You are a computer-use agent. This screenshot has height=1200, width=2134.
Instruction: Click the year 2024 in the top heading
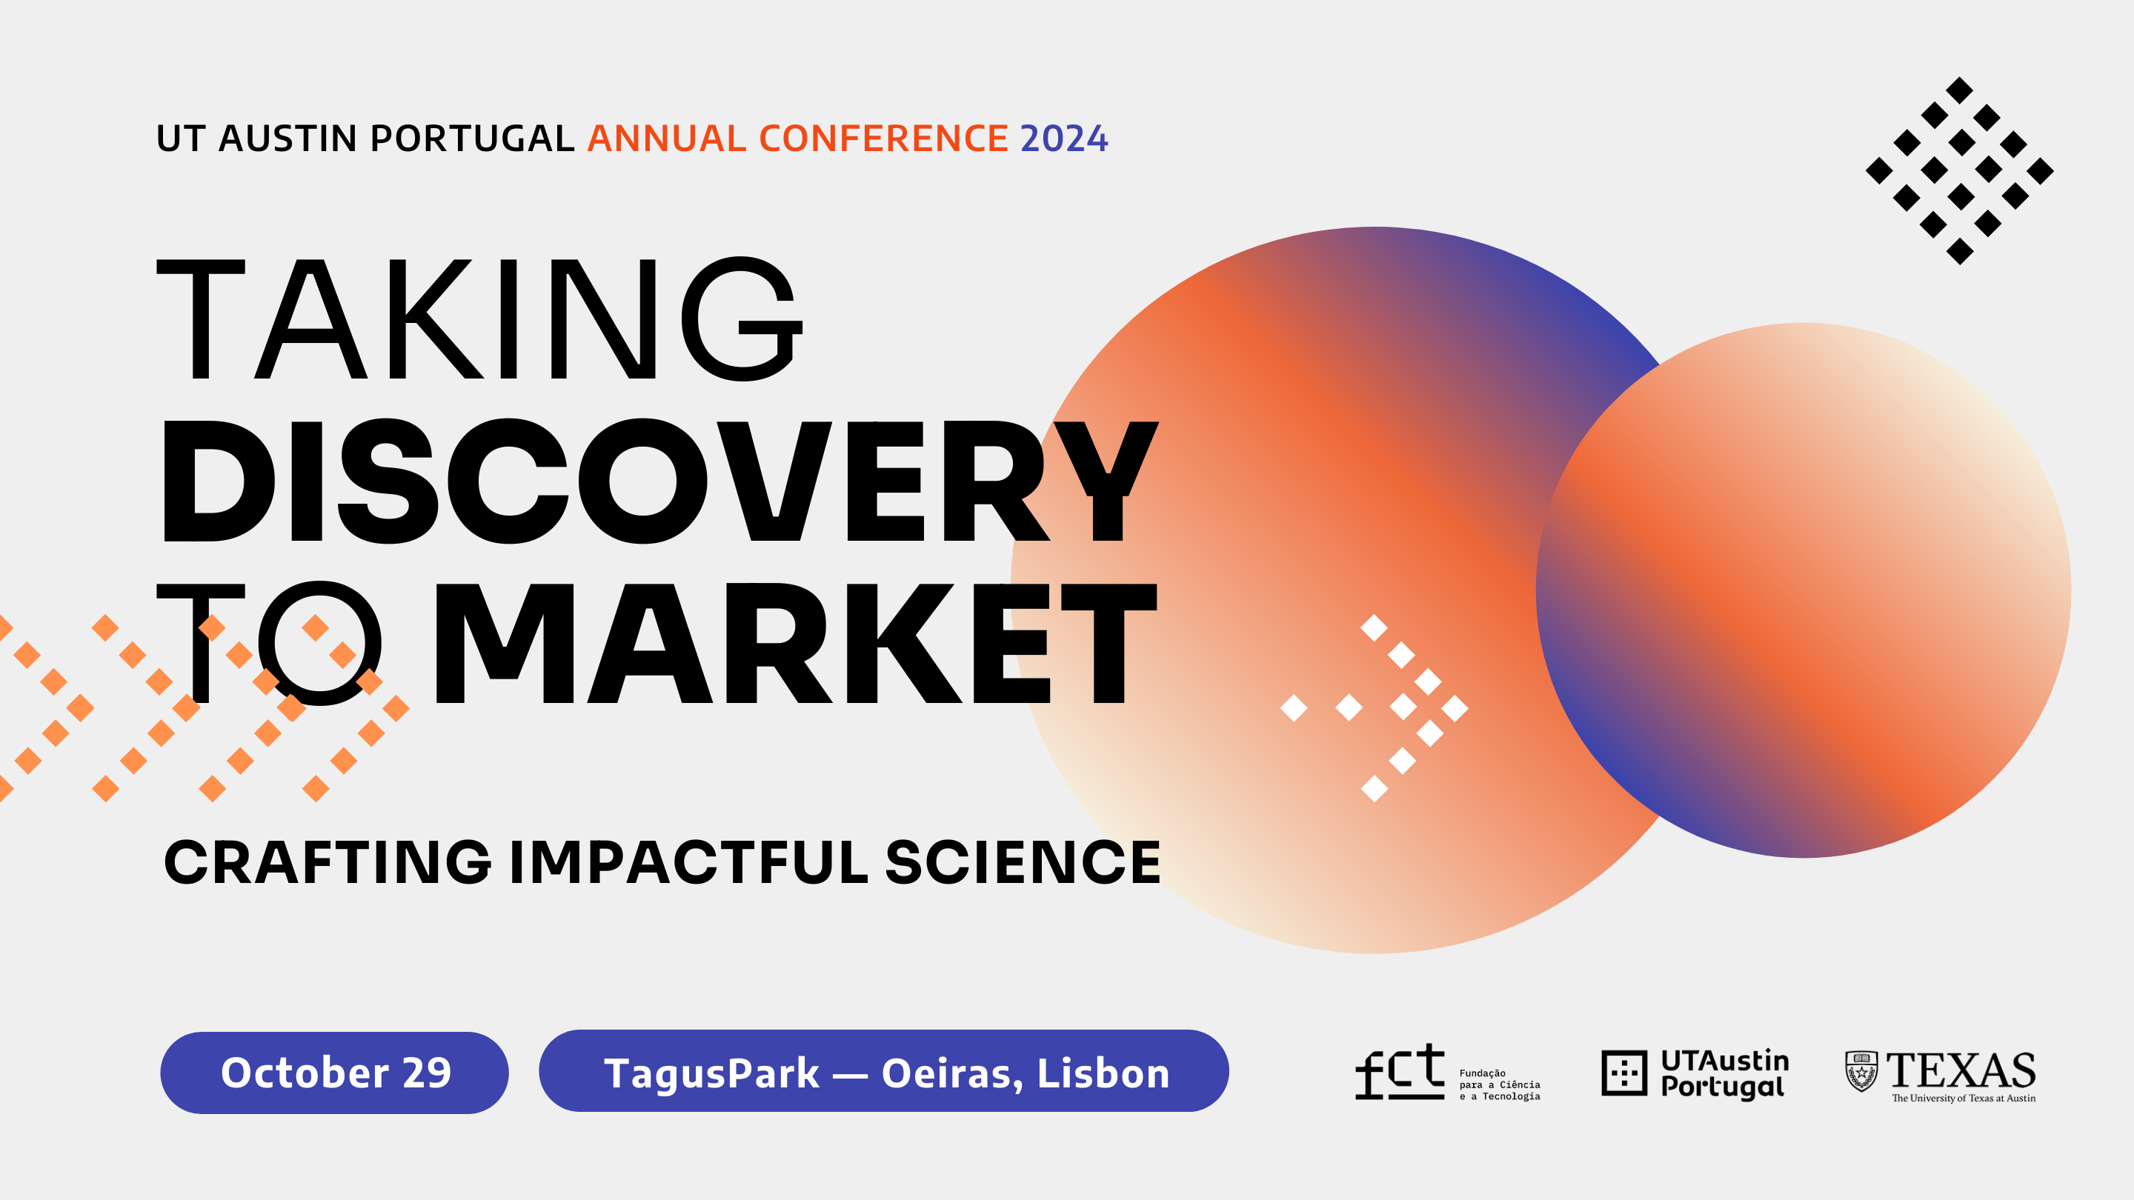(1064, 139)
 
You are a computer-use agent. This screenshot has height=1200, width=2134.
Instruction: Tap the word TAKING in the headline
(479, 319)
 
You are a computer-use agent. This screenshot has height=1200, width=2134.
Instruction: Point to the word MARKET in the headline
(795, 644)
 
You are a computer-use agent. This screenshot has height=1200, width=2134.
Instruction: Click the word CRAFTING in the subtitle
(328, 862)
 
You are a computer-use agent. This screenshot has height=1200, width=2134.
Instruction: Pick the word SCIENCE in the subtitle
(1023, 862)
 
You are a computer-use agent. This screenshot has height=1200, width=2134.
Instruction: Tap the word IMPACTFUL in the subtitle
(688, 862)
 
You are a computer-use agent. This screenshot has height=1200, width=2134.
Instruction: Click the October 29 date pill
(335, 1073)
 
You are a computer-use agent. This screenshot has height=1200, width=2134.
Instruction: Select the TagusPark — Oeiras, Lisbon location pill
(884, 1071)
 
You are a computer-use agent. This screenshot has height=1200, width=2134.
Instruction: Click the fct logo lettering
(1399, 1072)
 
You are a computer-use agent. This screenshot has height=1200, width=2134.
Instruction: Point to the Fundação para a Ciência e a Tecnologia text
(1500, 1085)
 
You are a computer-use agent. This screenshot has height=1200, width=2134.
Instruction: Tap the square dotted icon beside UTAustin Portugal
(1624, 1073)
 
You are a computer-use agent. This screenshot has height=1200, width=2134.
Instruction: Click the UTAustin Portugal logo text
(1725, 1074)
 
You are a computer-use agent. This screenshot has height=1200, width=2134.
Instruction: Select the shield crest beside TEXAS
(1861, 1072)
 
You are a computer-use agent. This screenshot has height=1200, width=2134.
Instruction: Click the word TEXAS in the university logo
(1961, 1071)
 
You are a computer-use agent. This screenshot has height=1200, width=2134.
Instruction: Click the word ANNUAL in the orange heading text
(667, 139)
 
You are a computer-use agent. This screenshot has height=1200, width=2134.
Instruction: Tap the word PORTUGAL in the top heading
(472, 139)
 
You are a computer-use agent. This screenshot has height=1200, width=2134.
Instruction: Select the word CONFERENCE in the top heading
(884, 139)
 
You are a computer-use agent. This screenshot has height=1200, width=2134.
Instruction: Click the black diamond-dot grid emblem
(1960, 170)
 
